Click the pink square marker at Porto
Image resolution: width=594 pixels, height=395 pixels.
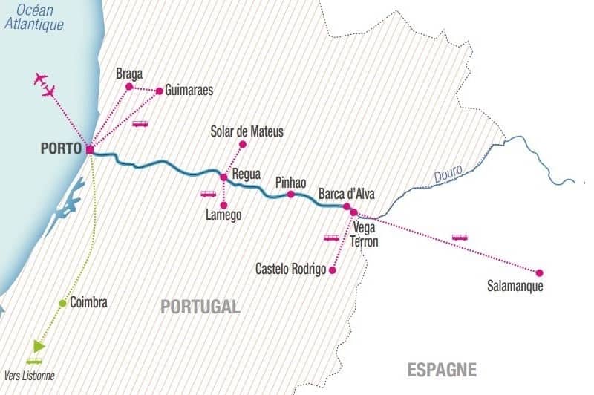pyautogui.click(x=90, y=150)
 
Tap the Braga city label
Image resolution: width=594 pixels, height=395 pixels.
pyautogui.click(x=129, y=74)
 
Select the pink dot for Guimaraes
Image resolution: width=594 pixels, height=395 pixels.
pyautogui.click(x=159, y=91)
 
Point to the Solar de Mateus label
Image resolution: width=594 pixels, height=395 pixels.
pyautogui.click(x=247, y=131)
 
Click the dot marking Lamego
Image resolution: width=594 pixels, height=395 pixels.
pyautogui.click(x=223, y=205)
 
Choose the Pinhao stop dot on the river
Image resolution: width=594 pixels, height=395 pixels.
pyautogui.click(x=290, y=195)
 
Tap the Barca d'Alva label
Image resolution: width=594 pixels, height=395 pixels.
pyautogui.click(x=347, y=194)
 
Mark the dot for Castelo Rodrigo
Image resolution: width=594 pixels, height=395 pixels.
pyautogui.click(x=332, y=270)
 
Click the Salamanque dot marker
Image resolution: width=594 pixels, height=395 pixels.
pyautogui.click(x=539, y=272)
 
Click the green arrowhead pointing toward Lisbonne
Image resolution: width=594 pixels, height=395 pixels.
pyautogui.click(x=39, y=346)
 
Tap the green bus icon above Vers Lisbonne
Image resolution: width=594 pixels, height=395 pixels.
pyautogui.click(x=34, y=361)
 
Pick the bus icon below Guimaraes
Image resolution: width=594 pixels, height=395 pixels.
pyautogui.click(x=140, y=124)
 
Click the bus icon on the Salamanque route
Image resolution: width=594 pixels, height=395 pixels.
pyautogui.click(x=460, y=238)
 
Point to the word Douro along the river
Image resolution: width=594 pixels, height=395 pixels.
pyautogui.click(x=448, y=172)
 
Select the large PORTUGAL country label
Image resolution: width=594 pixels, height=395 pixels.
pyautogui.click(x=200, y=307)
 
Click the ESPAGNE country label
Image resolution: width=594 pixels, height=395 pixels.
pyautogui.click(x=442, y=369)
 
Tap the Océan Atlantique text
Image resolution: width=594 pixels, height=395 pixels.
pyautogui.click(x=34, y=17)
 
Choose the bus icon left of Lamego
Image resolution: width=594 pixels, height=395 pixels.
pyautogui.click(x=208, y=194)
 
